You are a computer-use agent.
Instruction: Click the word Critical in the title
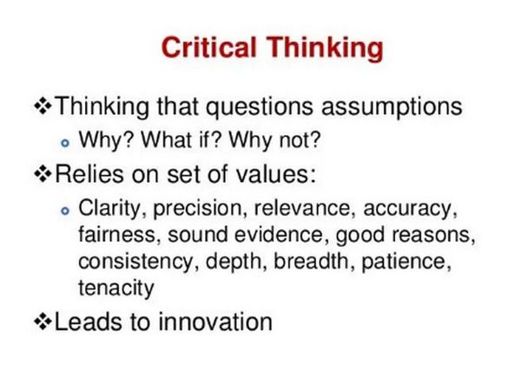coord(209,48)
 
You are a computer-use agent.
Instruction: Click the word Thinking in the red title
coord(325,49)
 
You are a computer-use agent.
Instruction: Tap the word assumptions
coord(392,107)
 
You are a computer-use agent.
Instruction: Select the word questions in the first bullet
coord(260,107)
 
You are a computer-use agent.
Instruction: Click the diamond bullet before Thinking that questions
coord(43,107)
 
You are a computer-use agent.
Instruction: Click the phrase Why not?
coord(274,140)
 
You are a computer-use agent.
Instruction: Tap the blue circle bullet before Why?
coord(65,143)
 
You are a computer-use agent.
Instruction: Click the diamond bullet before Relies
coord(43,174)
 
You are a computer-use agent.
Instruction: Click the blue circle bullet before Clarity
coord(65,211)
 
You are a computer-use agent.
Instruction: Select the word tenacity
coord(116,289)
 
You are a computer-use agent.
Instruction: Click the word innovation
coord(215,321)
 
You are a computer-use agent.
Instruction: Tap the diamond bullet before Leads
coord(43,321)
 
